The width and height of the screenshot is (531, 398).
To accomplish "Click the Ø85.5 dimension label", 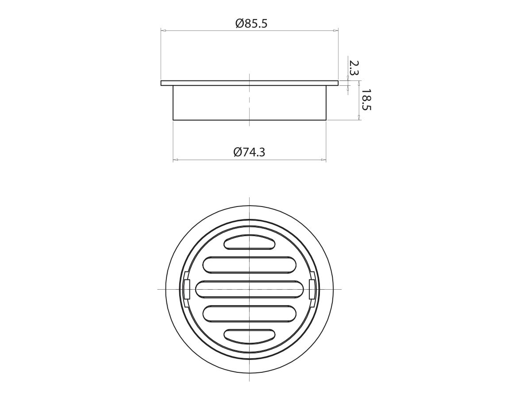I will (251, 23).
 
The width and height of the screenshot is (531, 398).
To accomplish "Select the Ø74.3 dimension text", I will (250, 152).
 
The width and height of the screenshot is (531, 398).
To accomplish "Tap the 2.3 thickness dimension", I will (354, 68).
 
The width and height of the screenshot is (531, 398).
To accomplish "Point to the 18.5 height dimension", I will (366, 100).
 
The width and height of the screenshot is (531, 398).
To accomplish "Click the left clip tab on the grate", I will (186, 289).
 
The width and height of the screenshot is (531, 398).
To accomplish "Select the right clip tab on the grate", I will (312, 289).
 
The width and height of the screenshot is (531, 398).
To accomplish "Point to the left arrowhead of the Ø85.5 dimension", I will (163, 31).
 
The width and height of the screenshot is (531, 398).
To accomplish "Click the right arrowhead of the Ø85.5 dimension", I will (336, 31).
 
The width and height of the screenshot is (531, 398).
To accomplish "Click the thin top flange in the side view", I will (250, 83).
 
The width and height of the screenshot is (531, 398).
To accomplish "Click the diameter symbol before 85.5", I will (239, 23).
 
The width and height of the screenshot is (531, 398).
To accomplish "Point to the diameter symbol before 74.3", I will (238, 152).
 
